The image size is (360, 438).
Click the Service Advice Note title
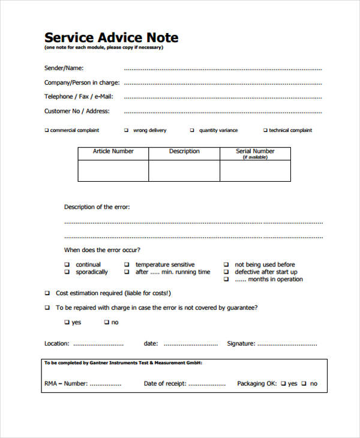tap(111, 37)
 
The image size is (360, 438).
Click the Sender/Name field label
tap(64, 68)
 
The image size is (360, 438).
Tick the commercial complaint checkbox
tap(47, 130)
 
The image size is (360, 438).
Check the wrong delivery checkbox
tap(126, 130)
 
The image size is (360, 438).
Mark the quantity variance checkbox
tap(192, 130)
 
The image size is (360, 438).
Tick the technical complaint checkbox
tap(265, 130)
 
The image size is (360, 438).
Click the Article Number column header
tap(113, 151)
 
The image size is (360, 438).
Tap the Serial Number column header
tap(255, 151)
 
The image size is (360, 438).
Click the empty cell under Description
tap(184, 170)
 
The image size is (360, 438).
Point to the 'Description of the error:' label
tap(97, 207)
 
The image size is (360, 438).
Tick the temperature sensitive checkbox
tap(127, 265)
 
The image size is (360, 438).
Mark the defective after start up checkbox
tap(226, 272)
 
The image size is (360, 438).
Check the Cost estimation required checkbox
tap(47, 293)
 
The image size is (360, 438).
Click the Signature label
tap(241, 344)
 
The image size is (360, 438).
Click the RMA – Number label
tap(65, 383)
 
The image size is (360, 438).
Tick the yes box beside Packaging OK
tap(283, 383)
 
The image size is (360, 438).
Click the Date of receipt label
tap(164, 383)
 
